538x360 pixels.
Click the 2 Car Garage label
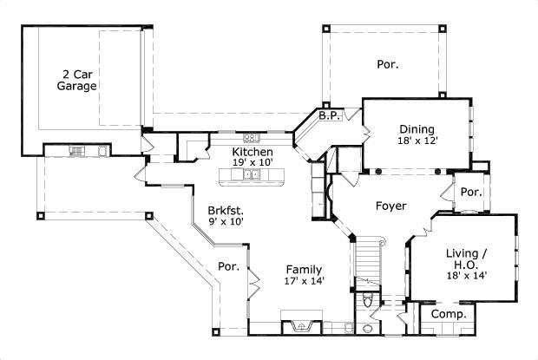tap(77, 80)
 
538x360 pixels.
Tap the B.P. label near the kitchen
tap(327, 115)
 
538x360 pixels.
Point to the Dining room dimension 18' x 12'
tap(418, 140)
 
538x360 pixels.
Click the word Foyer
tap(391, 206)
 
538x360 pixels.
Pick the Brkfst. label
tap(225, 210)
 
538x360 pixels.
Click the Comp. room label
tap(449, 313)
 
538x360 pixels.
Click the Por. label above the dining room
tap(387, 63)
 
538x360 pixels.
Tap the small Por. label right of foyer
tap(471, 192)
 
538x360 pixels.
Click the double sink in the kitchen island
tap(253, 175)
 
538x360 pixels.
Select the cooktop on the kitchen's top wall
tap(252, 137)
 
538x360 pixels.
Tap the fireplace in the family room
tap(301, 325)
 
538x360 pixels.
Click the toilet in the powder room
tap(370, 301)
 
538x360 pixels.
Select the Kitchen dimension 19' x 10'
tap(253, 162)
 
